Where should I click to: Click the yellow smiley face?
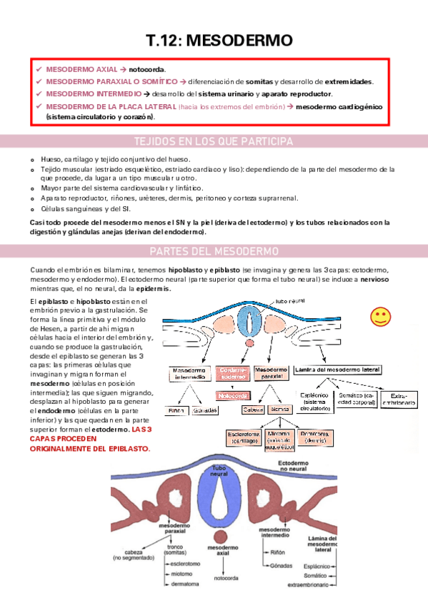381,316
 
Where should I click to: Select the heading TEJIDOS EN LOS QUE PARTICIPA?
214,141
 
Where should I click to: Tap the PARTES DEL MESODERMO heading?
214,251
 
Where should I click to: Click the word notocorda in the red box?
146,70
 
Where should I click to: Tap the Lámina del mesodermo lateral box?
338,370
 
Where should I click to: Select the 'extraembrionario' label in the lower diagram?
309,585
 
